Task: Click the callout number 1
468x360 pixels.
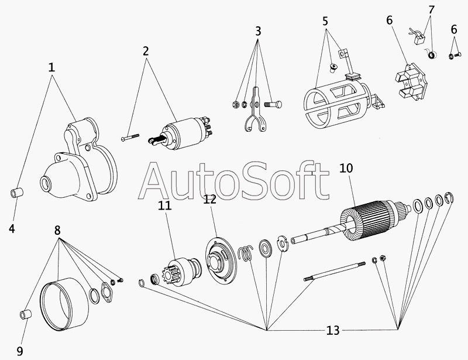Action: click(51, 67)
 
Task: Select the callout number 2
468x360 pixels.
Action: click(146, 50)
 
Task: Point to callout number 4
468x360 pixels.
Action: click(12, 229)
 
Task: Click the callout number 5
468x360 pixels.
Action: click(325, 22)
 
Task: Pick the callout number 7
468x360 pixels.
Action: click(431, 10)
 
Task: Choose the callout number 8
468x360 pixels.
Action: click(57, 230)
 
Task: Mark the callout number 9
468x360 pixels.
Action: click(19, 351)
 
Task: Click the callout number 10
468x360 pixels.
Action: click(346, 169)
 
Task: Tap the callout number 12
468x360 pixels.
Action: click(210, 199)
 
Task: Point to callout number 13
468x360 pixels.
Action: click(332, 331)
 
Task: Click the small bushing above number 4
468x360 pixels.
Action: click(17, 193)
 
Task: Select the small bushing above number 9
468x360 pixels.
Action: click(26, 314)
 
